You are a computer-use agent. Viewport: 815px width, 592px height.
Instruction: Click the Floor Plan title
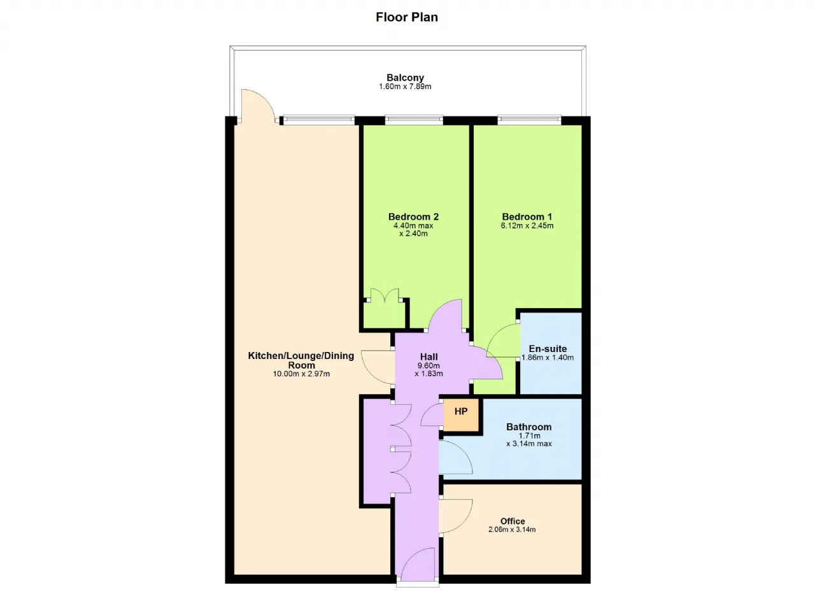pyautogui.click(x=407, y=17)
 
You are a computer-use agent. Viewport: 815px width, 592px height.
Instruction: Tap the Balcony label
pyautogui.click(x=405, y=78)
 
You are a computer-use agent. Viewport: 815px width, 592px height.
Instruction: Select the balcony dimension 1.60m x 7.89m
pyautogui.click(x=405, y=87)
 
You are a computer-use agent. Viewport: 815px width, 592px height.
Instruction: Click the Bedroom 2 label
pyautogui.click(x=413, y=216)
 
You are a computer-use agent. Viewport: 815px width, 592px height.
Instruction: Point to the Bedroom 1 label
pyautogui.click(x=527, y=216)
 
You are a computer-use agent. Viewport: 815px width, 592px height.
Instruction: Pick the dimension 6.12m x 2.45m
pyautogui.click(x=527, y=225)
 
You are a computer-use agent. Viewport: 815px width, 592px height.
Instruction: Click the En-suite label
pyautogui.click(x=548, y=348)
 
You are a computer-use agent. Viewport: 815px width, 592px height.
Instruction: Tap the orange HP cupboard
pyautogui.click(x=461, y=415)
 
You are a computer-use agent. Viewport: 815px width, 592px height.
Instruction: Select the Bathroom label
pyautogui.click(x=528, y=426)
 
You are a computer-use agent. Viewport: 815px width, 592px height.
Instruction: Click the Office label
pyautogui.click(x=513, y=521)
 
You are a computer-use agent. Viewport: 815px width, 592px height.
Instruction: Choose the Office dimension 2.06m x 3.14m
pyautogui.click(x=512, y=530)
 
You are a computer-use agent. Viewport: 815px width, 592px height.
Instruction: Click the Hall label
pyautogui.click(x=429, y=356)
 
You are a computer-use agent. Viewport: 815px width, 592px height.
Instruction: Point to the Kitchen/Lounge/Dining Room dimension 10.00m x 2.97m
pyautogui.click(x=301, y=374)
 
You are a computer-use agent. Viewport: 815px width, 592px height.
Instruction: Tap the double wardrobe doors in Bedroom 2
pyautogui.click(x=385, y=295)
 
